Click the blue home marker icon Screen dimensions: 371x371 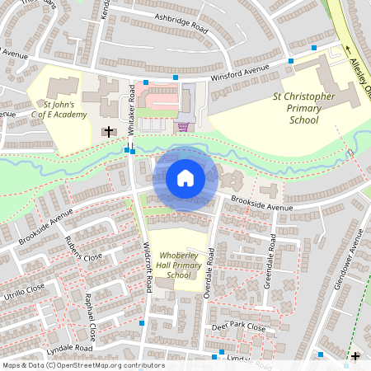pos(185,178)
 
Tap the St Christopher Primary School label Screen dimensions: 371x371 pos(304,108)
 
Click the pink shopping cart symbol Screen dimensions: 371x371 pos(182,126)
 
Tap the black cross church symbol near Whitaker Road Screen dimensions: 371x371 pos(109,130)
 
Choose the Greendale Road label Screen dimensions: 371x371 pos(270,257)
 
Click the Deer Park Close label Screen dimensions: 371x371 pos(237,328)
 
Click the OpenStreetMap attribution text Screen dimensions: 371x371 pos(82,365)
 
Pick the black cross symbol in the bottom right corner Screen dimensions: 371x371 pos(355,356)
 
